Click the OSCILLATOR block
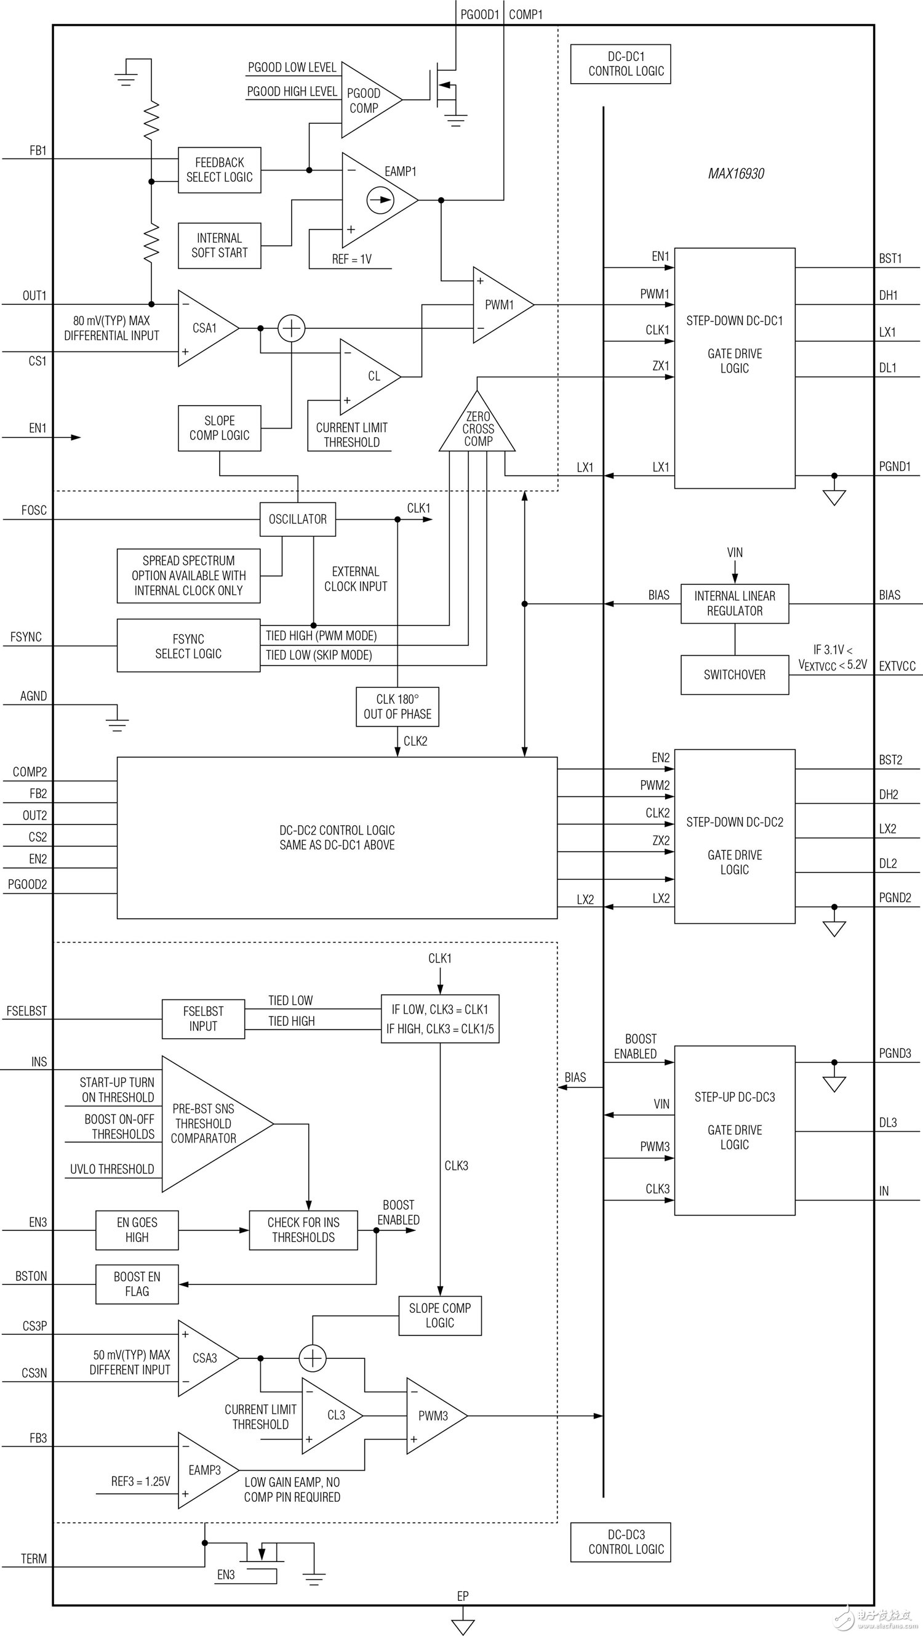tap(297, 519)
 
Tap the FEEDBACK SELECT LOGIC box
tap(219, 170)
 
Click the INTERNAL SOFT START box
tap(219, 245)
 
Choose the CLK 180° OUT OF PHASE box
tap(398, 707)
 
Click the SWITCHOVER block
tap(735, 674)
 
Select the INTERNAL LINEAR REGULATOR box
tap(735, 603)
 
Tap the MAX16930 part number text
tap(736, 174)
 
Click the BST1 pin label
tap(890, 259)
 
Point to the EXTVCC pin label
tap(897, 666)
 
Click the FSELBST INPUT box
tap(203, 1018)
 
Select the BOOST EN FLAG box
tap(137, 1284)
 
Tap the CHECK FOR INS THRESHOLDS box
tap(303, 1230)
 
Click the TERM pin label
tap(34, 1558)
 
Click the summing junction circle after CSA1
tap(292, 328)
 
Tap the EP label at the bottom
tap(463, 1596)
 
